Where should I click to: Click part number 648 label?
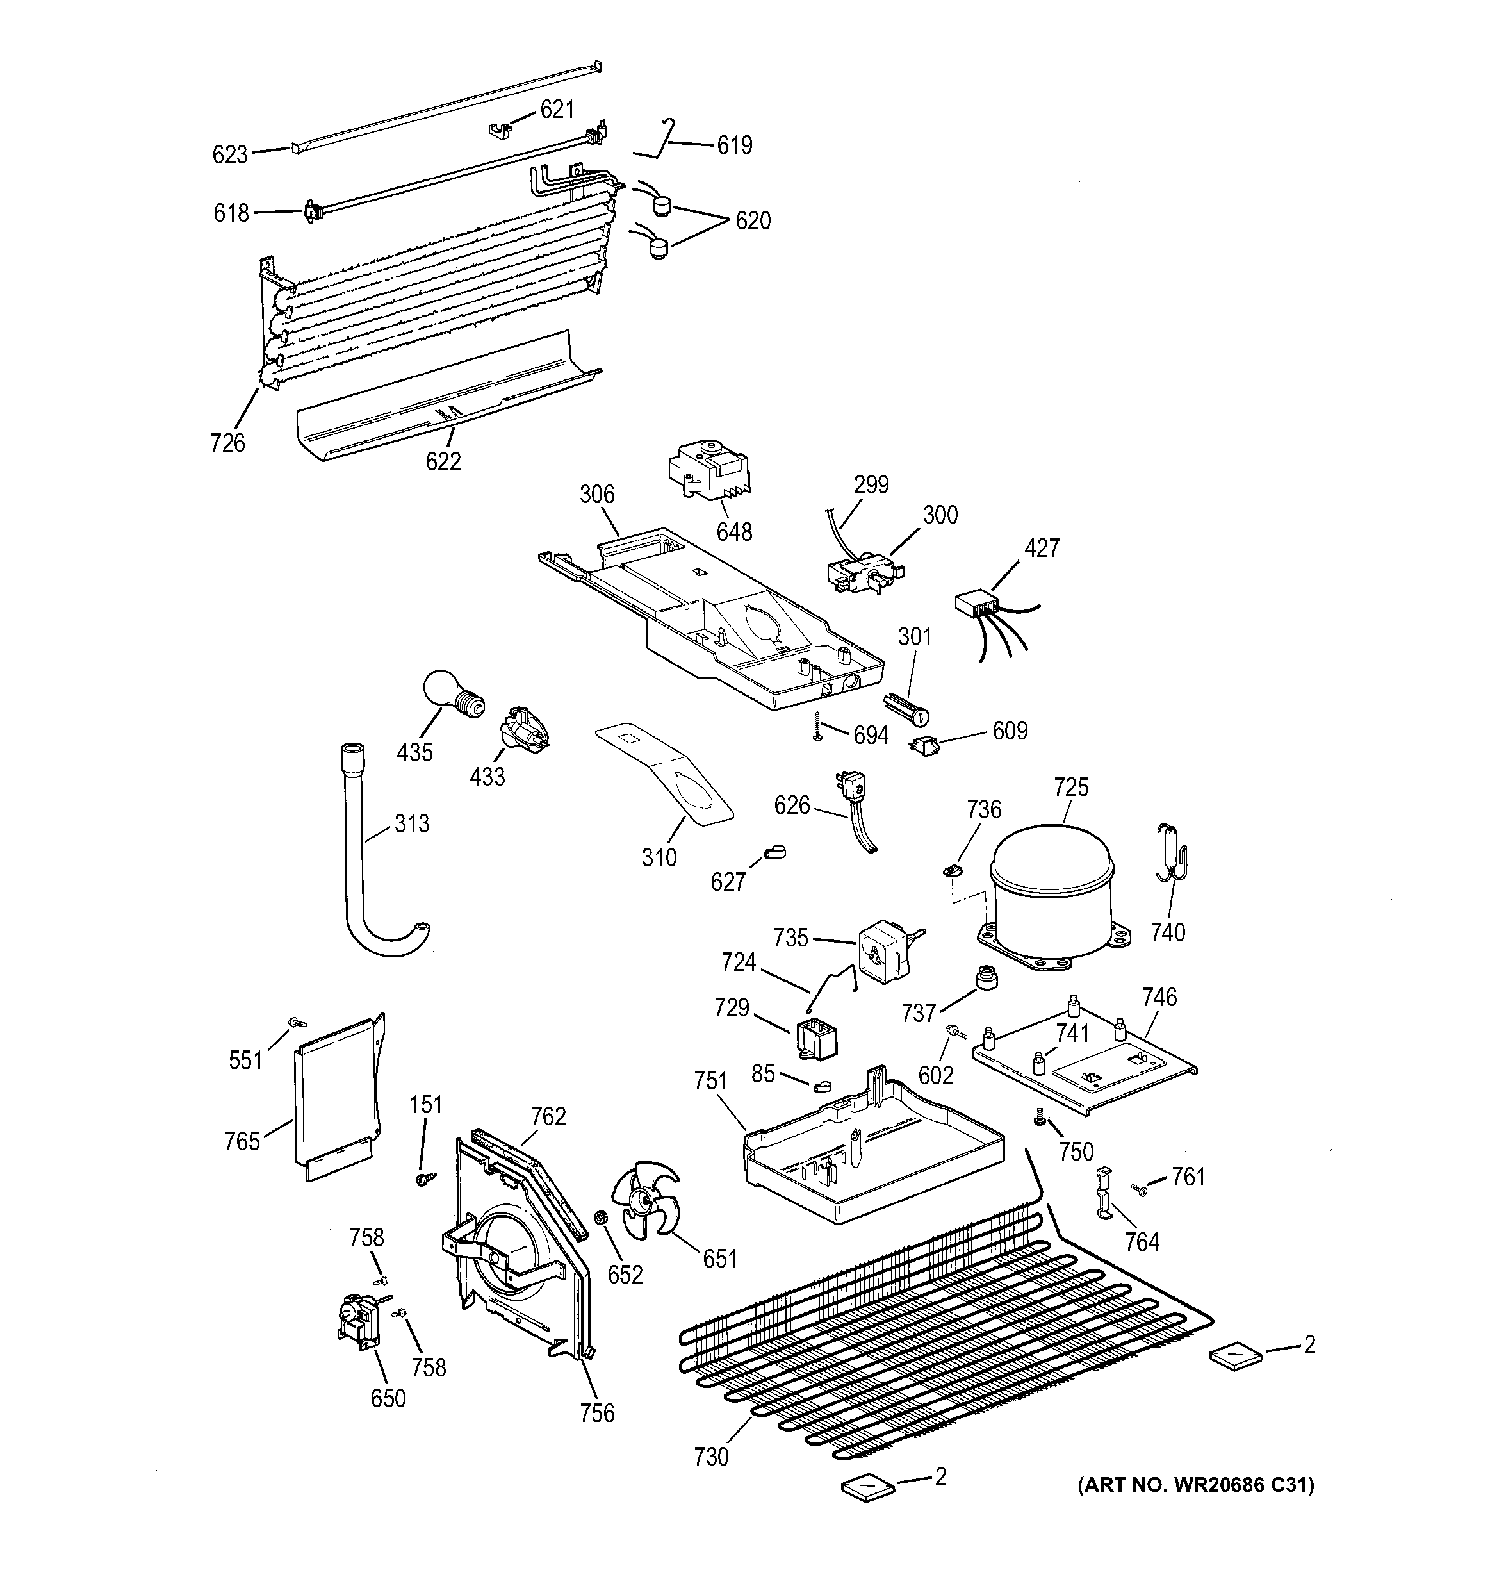click(x=734, y=532)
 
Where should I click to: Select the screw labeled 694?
click(x=817, y=727)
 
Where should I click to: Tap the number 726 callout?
click(x=227, y=443)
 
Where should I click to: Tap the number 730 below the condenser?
click(x=710, y=1457)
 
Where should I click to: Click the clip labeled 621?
click(x=501, y=127)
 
